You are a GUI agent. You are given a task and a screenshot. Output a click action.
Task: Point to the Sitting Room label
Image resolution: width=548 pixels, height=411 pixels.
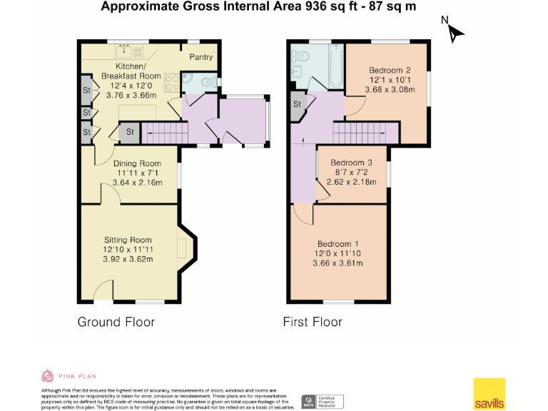point(129,240)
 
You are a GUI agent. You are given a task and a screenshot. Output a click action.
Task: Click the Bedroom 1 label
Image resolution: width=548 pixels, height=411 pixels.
point(338,243)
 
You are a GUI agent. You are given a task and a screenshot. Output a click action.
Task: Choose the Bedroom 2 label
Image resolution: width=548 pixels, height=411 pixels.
point(390,70)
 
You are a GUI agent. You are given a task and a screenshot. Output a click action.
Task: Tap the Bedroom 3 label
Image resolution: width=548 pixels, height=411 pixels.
point(351,162)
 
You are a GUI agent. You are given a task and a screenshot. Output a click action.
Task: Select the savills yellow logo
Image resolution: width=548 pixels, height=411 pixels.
point(489,393)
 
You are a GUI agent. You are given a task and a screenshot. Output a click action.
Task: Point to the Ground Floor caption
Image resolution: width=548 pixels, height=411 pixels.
point(116,322)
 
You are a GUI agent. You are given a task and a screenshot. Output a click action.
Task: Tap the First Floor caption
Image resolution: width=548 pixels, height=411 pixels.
point(313,322)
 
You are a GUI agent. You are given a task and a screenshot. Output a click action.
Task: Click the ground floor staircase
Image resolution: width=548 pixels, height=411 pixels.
point(164,133)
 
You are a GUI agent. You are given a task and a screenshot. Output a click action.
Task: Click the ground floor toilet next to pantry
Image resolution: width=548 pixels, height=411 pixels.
point(208,83)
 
